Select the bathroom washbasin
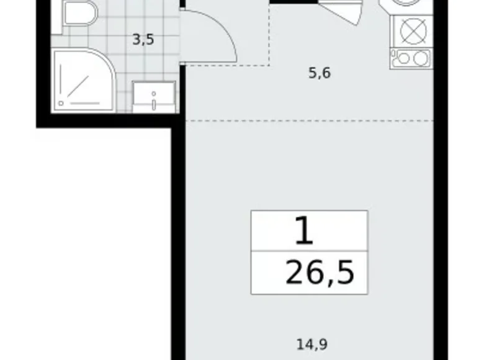[x=153, y=96]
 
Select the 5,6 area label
[x=320, y=73]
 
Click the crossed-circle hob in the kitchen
[x=410, y=30]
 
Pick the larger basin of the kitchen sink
[x=419, y=58]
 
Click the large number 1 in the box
[x=303, y=232]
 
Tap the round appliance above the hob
[x=410, y=4]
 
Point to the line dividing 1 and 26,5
[x=309, y=253]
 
